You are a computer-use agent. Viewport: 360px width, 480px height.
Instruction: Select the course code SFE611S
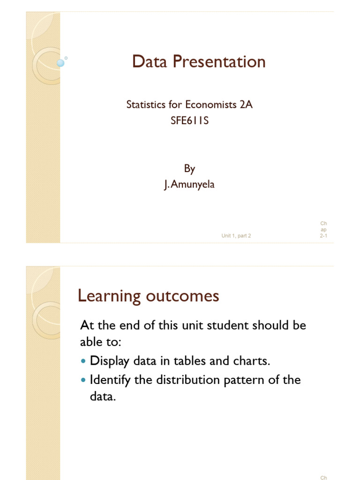coord(189,120)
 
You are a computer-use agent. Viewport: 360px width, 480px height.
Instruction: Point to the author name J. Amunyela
coord(189,185)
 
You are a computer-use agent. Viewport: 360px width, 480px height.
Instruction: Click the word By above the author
coord(189,169)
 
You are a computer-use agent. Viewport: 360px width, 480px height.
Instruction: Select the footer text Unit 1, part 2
coord(236,236)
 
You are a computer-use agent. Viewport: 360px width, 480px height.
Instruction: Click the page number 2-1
coord(323,236)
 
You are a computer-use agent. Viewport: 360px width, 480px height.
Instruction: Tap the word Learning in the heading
coord(109,296)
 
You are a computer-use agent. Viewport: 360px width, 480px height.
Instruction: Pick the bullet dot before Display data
coord(84,362)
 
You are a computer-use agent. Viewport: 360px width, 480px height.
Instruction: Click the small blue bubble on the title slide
coord(60,63)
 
